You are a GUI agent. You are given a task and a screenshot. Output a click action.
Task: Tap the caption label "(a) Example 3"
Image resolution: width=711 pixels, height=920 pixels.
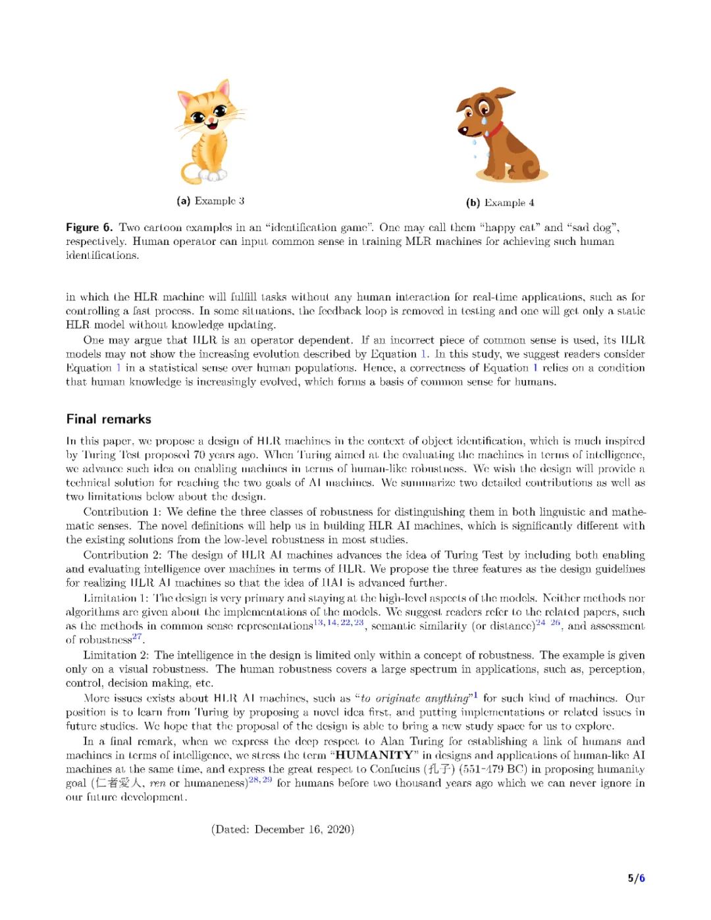(210, 201)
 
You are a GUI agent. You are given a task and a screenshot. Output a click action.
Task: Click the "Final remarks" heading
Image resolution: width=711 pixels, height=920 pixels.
(109, 419)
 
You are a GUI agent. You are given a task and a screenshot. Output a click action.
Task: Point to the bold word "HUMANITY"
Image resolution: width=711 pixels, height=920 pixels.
(375, 755)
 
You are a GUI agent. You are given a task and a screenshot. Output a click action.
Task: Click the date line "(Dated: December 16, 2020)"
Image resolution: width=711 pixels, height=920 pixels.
(282, 829)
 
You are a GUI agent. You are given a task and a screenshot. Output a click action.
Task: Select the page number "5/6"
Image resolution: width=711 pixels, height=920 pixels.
(636, 878)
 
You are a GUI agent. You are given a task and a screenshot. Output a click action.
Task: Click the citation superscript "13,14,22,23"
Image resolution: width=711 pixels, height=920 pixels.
(339, 622)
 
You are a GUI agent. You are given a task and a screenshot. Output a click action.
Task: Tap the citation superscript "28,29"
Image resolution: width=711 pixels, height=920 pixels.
(260, 780)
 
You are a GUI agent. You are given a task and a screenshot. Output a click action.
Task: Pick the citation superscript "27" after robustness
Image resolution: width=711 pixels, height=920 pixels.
(137, 636)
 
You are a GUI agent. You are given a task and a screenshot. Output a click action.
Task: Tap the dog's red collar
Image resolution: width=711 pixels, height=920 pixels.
(496, 128)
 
